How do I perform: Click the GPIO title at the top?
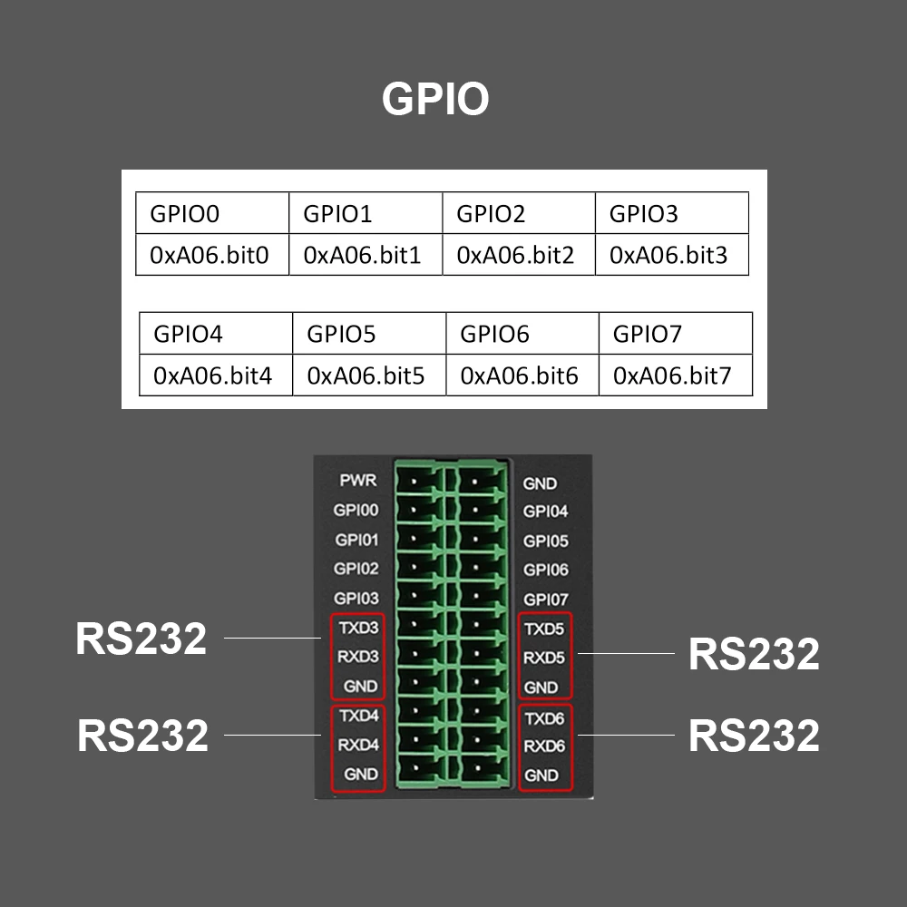(x=435, y=99)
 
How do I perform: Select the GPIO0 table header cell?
(x=212, y=214)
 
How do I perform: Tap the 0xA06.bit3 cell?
(x=671, y=255)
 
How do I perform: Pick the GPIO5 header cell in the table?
(x=369, y=334)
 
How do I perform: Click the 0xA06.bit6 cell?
(x=522, y=375)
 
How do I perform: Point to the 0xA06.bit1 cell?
(x=365, y=255)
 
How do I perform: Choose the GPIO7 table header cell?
(x=675, y=334)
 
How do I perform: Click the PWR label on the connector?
(x=358, y=480)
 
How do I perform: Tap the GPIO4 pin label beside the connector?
(x=545, y=512)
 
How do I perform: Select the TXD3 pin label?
(x=358, y=628)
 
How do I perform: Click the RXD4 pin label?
(x=358, y=746)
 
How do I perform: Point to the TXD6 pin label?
(x=545, y=717)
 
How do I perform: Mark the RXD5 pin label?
(x=545, y=658)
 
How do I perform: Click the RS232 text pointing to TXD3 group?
(x=141, y=639)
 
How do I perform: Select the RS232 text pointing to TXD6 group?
(x=754, y=736)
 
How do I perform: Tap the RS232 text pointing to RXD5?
(x=754, y=654)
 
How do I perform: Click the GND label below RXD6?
(x=541, y=775)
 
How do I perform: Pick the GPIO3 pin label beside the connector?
(x=356, y=599)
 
